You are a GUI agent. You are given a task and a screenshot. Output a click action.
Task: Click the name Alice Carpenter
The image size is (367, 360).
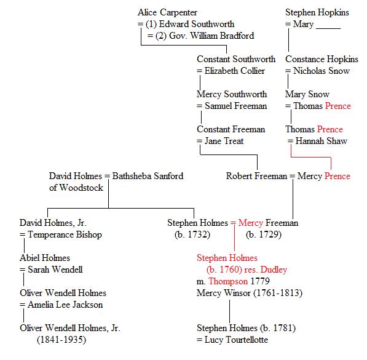click(167, 12)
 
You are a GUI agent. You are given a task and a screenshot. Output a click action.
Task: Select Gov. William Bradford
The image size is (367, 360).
click(211, 36)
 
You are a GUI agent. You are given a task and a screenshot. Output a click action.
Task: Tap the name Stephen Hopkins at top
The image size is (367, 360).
click(317, 12)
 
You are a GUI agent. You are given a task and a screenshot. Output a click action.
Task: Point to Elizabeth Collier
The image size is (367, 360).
click(235, 71)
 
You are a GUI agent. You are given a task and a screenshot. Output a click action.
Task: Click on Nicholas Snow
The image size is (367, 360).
click(322, 71)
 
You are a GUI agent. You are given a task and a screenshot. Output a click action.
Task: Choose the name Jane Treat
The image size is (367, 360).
click(224, 141)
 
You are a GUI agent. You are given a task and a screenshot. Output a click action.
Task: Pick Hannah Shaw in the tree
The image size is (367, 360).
click(321, 141)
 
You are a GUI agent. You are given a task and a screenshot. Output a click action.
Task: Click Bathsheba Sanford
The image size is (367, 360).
click(148, 176)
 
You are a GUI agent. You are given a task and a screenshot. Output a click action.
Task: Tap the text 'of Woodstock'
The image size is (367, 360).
click(76, 188)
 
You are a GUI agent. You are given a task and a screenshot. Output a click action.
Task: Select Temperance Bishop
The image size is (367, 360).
click(65, 234)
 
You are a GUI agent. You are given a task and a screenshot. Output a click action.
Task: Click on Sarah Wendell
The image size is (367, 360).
click(55, 270)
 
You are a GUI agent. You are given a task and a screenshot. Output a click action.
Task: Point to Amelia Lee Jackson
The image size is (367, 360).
click(65, 305)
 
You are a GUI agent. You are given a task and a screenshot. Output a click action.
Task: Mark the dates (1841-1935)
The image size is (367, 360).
click(61, 340)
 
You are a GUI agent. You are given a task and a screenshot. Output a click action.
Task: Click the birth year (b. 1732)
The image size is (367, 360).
click(192, 234)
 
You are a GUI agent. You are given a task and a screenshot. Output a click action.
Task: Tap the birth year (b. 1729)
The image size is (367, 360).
click(264, 234)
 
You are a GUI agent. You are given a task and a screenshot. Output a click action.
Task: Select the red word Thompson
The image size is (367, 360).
click(228, 281)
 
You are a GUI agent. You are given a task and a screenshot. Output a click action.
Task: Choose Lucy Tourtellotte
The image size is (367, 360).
click(236, 340)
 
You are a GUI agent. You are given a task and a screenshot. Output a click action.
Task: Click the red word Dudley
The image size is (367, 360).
click(274, 270)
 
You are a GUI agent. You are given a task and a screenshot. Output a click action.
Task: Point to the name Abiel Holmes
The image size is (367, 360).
click(45, 258)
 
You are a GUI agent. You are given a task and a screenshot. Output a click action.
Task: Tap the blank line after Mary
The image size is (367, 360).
click(328, 28)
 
